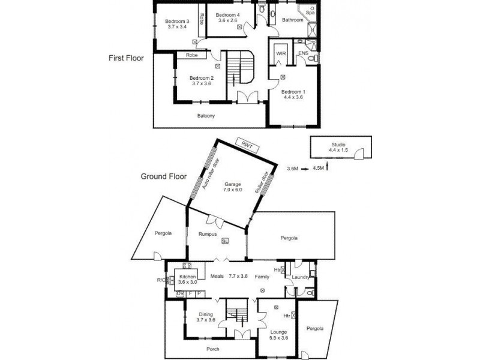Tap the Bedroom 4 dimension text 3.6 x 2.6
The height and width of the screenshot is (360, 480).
(x=227, y=21)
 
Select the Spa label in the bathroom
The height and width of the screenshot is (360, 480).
(x=310, y=13)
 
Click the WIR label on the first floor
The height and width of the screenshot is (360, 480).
(x=280, y=53)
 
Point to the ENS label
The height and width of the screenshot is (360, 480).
(x=304, y=53)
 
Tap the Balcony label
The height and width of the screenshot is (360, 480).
(x=206, y=116)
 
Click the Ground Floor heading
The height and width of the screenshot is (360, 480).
(x=164, y=176)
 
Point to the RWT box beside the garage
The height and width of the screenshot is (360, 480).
(x=245, y=144)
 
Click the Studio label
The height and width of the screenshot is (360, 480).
(x=339, y=145)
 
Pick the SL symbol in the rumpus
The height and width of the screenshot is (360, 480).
(x=225, y=242)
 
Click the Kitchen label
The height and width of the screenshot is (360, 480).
(x=188, y=277)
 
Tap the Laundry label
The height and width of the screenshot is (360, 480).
(x=301, y=277)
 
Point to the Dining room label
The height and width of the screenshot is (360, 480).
(x=206, y=313)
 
